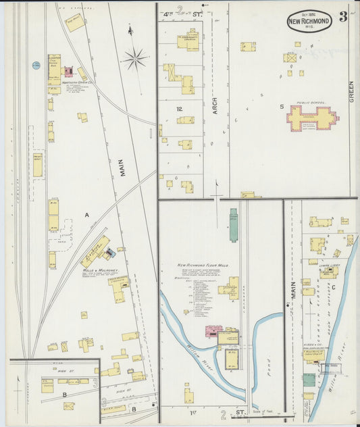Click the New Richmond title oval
[309, 21]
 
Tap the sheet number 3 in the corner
[343, 17]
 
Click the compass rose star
[134, 59]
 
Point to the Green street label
[352, 102]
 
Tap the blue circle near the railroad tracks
[36, 66]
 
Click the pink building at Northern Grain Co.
[68, 71]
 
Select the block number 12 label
[179, 108]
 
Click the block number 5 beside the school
[281, 106]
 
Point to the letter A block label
[86, 214]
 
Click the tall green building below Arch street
[233, 226]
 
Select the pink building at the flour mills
[213, 331]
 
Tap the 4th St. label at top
[180, 11]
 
